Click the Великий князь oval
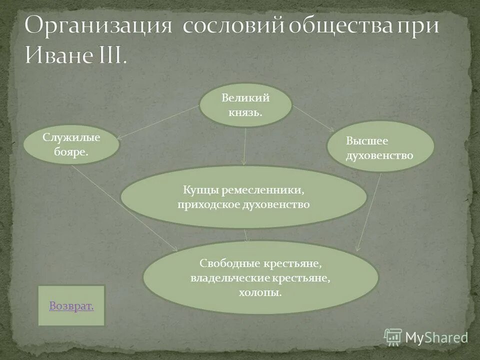coord(245,104)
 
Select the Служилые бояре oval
coord(71,144)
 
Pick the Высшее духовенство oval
coord(380,146)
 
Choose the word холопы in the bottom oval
coord(260,292)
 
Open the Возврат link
coord(71,305)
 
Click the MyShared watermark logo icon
coord(393,337)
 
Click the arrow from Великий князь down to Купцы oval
coord(245,146)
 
